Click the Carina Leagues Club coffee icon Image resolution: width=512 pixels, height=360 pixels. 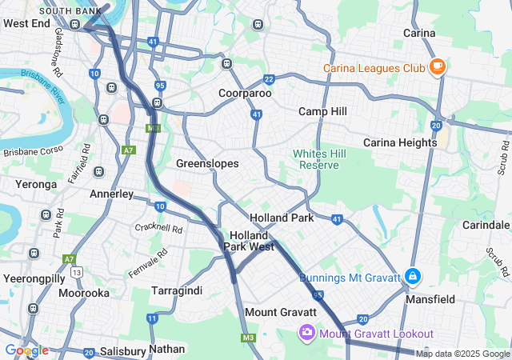tap(437, 67)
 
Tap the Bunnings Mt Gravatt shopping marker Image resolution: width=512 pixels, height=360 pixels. tap(412, 278)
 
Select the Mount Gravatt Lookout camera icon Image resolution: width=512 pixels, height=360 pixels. tap(306, 332)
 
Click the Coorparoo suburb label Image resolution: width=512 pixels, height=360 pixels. tap(245, 93)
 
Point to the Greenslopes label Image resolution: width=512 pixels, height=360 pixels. tap(207, 163)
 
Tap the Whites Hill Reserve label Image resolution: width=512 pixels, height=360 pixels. tap(315, 159)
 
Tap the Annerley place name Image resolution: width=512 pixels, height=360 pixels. tap(111, 194)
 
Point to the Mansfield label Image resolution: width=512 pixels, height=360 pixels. tap(434, 299)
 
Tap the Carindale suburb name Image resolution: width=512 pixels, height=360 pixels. tap(486, 225)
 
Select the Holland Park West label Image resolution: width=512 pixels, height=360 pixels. tap(249, 242)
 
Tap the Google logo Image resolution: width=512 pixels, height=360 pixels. tap(26, 350)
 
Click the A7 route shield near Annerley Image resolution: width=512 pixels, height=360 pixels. tap(128, 150)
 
